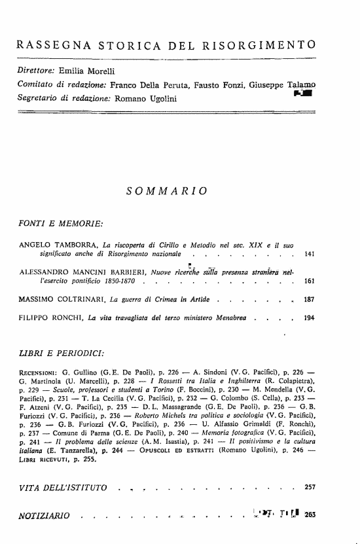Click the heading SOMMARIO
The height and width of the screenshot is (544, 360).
tap(167, 190)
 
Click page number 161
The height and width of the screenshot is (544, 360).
tap(308, 280)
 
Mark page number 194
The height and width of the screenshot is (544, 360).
tap(308, 320)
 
